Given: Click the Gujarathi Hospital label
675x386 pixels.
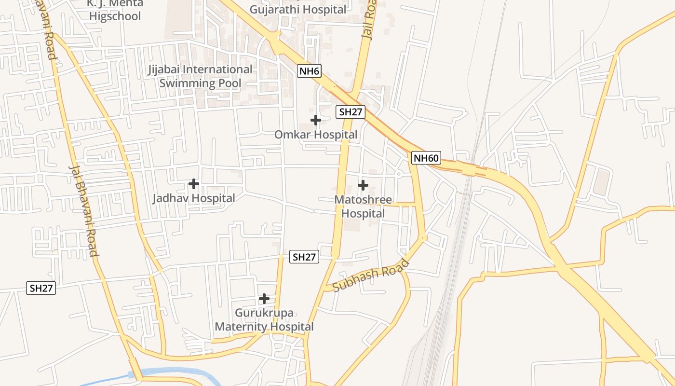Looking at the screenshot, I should [x=298, y=10].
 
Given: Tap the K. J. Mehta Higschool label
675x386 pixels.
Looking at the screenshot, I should [x=114, y=10].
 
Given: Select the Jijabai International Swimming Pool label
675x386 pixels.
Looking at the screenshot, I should [x=200, y=76].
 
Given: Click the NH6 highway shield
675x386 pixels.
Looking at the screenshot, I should [x=309, y=71].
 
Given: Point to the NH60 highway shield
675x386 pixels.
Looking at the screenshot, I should [x=426, y=158].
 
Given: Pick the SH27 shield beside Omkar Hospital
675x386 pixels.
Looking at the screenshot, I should [x=351, y=112].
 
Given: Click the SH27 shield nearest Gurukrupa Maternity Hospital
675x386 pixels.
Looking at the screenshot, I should [x=304, y=257].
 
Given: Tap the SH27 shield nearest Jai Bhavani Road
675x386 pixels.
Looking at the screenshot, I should [x=41, y=289].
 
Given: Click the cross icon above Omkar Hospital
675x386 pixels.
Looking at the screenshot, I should [x=316, y=120].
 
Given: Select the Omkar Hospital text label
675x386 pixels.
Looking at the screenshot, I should [x=316, y=135].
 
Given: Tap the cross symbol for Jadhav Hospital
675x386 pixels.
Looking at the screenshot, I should [x=194, y=184].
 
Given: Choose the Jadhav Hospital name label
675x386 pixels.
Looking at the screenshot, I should [x=194, y=198].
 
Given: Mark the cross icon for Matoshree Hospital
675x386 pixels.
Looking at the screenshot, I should [x=363, y=185].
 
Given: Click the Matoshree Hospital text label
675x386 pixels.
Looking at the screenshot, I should [x=363, y=207].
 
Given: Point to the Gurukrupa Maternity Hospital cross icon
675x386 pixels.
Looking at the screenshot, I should [x=264, y=299].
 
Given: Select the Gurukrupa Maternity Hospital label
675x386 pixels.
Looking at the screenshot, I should [x=264, y=320].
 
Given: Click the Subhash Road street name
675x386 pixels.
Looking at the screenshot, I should [x=371, y=276].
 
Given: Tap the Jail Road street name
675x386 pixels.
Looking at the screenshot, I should [x=369, y=22].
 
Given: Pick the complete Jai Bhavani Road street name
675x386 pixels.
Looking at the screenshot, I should [x=83, y=210].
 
